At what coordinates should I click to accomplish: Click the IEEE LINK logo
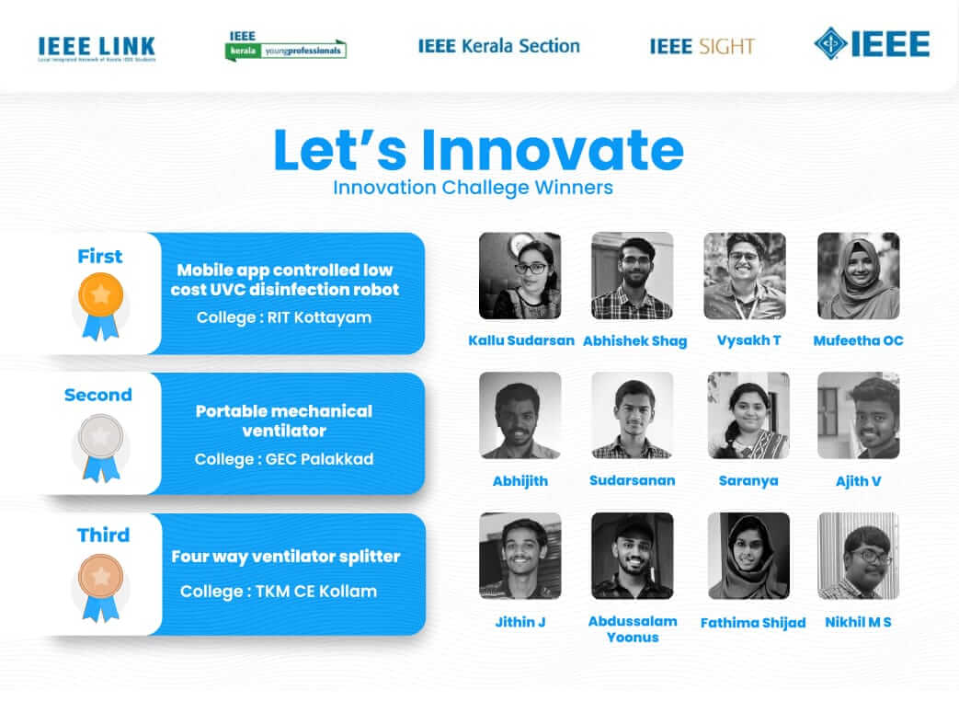tap(97, 49)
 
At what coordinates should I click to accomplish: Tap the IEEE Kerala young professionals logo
tap(286, 46)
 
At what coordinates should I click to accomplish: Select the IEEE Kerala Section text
tap(498, 46)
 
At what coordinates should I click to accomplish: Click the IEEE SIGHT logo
tap(702, 47)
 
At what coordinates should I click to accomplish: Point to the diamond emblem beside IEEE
tap(830, 43)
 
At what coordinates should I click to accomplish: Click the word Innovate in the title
tap(553, 149)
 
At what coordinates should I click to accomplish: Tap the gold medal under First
tap(101, 305)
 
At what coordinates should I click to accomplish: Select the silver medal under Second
tap(101, 447)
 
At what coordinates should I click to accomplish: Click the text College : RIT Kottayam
tap(284, 317)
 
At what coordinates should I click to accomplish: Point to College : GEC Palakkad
tap(284, 459)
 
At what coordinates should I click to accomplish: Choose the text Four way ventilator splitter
tap(286, 557)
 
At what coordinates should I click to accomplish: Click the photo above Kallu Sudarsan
tap(519, 275)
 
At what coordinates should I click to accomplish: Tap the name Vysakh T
tap(748, 340)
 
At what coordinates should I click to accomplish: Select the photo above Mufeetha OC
tap(858, 275)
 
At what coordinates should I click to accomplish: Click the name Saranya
tap(748, 481)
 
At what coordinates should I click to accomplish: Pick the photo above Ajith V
tap(858, 416)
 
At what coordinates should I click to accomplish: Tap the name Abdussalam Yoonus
tap(633, 629)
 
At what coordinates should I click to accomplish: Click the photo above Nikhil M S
tap(858, 556)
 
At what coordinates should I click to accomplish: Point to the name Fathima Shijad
tap(753, 623)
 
